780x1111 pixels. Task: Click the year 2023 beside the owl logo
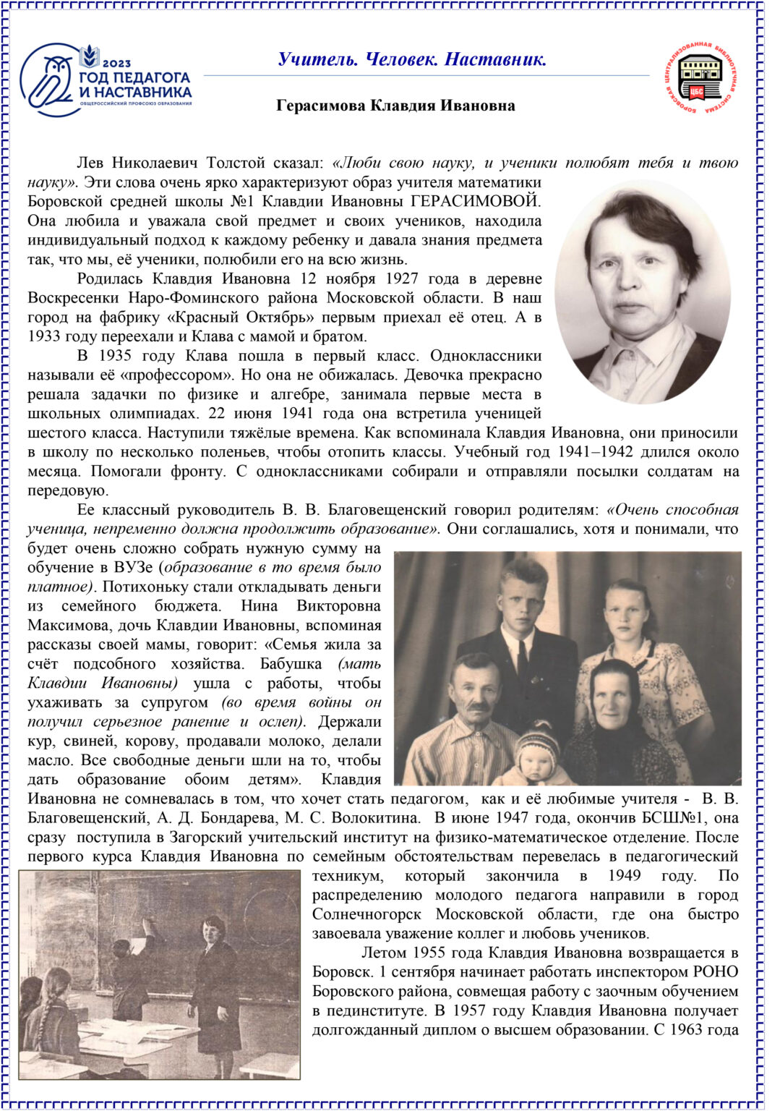point(116,64)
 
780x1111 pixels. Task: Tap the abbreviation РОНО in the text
point(715,971)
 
